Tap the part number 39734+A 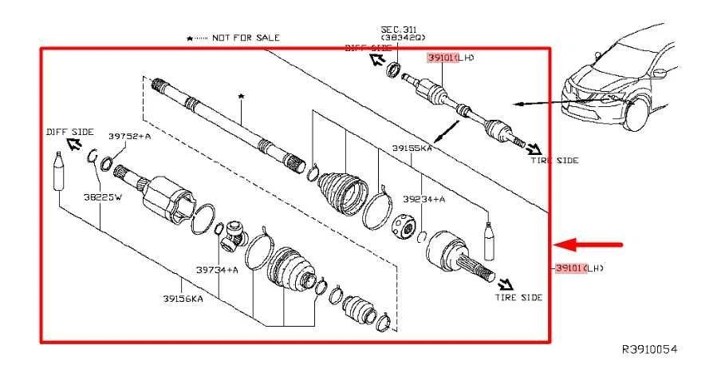pos(218,270)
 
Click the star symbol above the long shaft pos(240,96)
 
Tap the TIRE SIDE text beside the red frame pos(554,161)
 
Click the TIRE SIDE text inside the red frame pos(518,297)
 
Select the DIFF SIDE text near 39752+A pos(69,132)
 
